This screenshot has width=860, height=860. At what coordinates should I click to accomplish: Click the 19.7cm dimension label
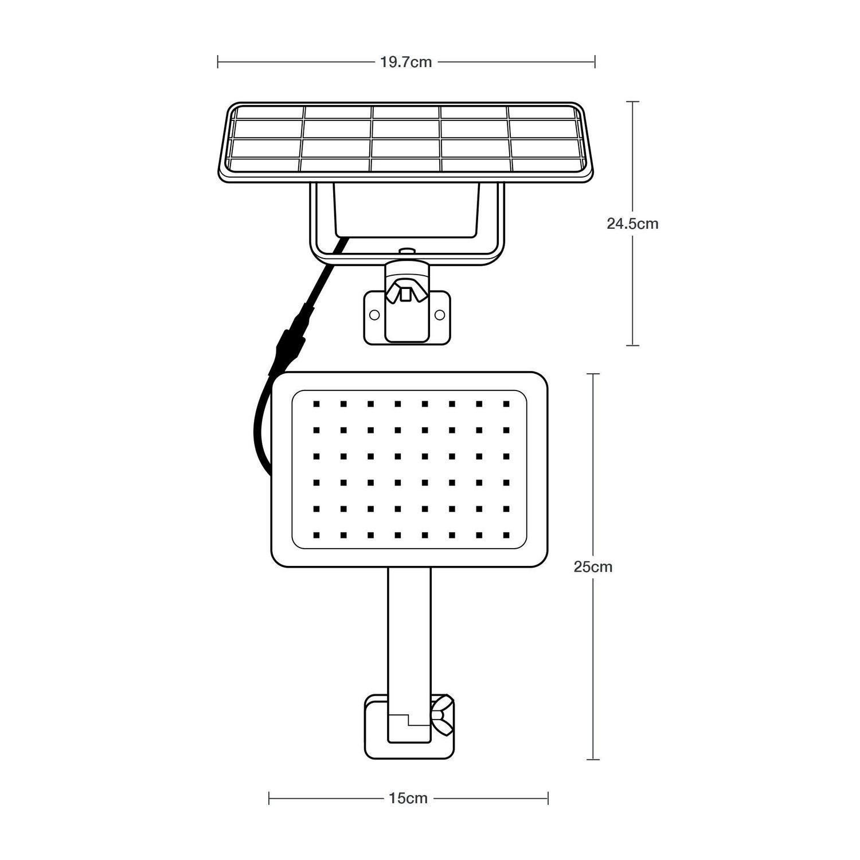pos(406,62)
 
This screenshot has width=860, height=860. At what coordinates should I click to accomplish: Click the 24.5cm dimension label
pos(632,224)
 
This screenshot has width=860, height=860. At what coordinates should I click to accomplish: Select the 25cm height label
pos(593,567)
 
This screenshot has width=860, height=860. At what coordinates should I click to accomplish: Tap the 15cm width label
pos(408,798)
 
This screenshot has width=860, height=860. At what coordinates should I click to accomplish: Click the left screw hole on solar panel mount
pos(374,314)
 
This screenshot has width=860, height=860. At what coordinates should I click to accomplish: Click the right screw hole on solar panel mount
pos(440,314)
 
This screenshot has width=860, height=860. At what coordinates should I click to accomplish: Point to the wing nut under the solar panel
pos(406,290)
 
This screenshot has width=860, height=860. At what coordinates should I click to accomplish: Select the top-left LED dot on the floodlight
pos(315,404)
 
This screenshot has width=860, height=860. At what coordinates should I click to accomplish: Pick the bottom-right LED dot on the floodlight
pos(506,535)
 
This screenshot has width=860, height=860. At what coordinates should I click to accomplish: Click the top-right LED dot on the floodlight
pos(506,404)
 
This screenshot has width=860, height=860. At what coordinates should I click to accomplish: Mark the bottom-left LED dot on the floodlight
pos(315,535)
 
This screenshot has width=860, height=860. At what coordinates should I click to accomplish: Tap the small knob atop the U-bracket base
pos(406,250)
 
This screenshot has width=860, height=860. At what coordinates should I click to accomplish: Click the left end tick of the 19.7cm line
pos(218,62)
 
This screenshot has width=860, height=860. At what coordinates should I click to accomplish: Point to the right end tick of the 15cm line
pos(548,798)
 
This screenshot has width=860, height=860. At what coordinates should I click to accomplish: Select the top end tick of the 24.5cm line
pos(632,101)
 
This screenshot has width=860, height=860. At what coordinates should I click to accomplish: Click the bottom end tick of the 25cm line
pos(593,760)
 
